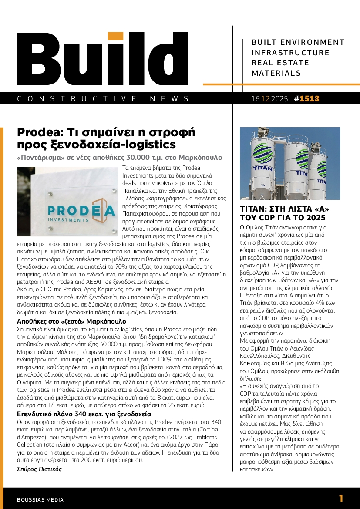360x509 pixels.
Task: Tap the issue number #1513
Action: [x=306, y=99]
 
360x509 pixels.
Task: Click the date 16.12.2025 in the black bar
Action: [x=269, y=99]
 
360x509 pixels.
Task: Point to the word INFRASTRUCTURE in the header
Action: [x=291, y=53]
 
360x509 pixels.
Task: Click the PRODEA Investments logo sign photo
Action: [x=66, y=201]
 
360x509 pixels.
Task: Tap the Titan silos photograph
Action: [x=290, y=163]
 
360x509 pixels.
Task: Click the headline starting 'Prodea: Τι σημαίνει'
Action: [x=106, y=138]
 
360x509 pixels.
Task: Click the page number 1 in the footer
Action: [x=341, y=498]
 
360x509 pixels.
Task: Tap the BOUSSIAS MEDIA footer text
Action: [x=40, y=500]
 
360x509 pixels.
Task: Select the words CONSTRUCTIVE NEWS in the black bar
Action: [x=103, y=99]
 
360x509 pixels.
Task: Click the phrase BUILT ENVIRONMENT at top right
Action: [x=298, y=42]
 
